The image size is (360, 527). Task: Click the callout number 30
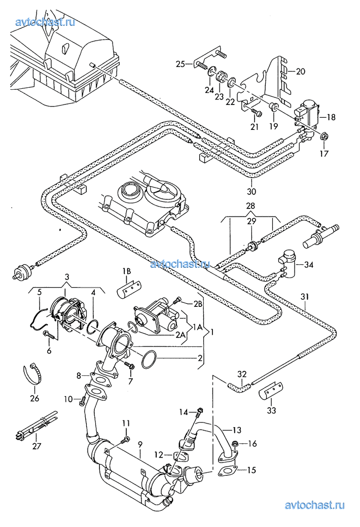click(252, 192)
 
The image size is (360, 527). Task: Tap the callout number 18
click(331, 117)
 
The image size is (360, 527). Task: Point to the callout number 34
click(308, 264)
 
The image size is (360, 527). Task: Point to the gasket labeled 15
click(226, 471)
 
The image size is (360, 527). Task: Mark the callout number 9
click(140, 444)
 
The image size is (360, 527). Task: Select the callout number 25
click(181, 64)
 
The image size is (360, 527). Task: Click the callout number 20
click(300, 72)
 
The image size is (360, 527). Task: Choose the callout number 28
click(250, 206)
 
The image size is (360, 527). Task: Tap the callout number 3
click(66, 276)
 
